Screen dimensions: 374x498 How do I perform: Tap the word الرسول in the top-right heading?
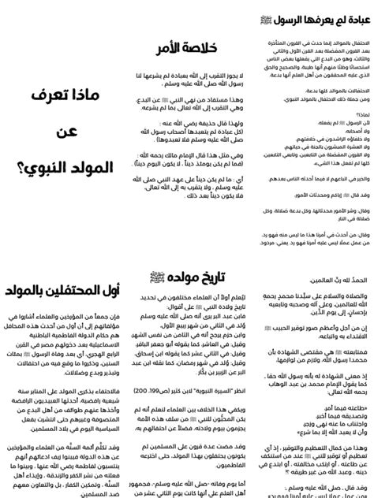pyautogui.click(x=283, y=18)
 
